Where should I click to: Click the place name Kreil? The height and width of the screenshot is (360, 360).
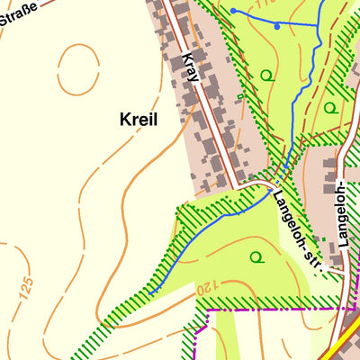[x=137, y=119]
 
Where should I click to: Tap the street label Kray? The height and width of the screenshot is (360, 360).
[x=189, y=67]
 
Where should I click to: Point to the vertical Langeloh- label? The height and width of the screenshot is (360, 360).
[x=342, y=211]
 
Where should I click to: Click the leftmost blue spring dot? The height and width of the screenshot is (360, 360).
[x=233, y=11]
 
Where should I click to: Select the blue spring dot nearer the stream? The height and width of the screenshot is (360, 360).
[x=276, y=26]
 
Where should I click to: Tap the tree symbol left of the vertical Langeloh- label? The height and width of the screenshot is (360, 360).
[x=329, y=107]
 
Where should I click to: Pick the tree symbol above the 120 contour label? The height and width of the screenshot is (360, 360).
[x=256, y=257]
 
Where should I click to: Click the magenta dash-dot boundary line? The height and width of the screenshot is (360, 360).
[x=270, y=308]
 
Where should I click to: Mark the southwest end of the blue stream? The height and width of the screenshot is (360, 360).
[x=150, y=292]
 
